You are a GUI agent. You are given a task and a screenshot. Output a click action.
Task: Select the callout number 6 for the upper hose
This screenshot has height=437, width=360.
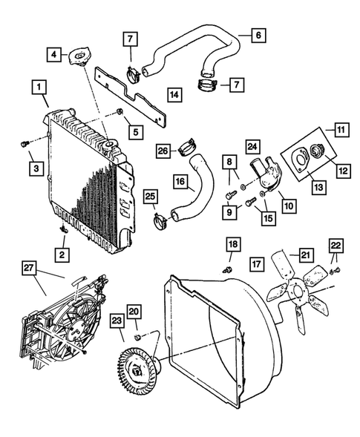pyautogui.click(x=258, y=35)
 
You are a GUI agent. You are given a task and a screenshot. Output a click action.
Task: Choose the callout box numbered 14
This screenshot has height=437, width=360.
pyautogui.click(x=174, y=94)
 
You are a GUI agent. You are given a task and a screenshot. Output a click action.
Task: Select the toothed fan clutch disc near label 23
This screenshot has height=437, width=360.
pyautogui.click(x=140, y=366)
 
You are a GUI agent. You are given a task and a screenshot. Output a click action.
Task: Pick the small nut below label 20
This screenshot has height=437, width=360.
pyautogui.click(x=138, y=338)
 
